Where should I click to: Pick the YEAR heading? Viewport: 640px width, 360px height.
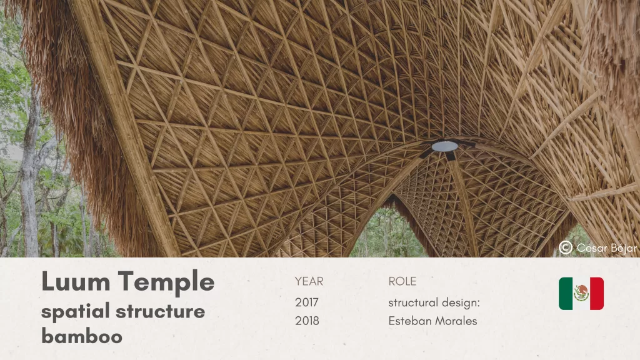(309, 282)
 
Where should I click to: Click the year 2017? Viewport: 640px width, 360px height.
(307, 302)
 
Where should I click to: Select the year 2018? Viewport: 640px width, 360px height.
(307, 321)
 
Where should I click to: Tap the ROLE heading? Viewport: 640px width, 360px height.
(402, 282)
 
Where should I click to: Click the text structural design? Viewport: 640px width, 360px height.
(434, 302)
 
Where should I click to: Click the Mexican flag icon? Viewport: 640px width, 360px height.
(581, 294)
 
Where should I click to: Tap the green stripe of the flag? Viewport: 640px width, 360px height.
(566, 294)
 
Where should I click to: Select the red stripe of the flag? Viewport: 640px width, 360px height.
(596, 294)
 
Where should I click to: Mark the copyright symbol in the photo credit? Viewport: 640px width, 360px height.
(566, 248)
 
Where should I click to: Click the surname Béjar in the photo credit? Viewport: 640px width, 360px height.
(622, 248)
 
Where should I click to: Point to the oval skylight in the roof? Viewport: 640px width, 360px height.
(445, 146)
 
